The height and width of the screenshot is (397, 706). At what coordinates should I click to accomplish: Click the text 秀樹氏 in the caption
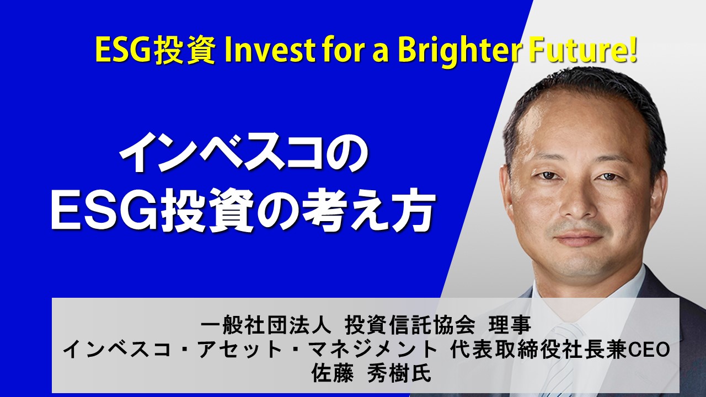click(x=399, y=374)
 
